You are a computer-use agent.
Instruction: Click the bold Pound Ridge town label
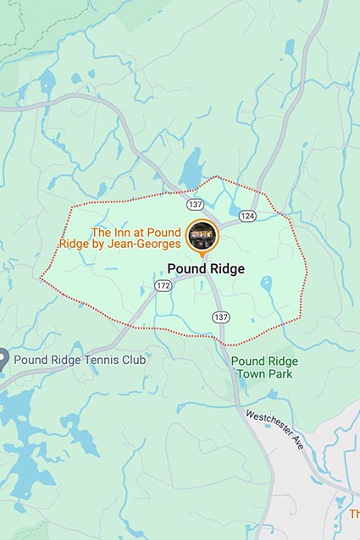coord(206,269)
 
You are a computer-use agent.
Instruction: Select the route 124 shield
coord(246,216)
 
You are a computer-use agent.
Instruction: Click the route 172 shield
coord(163,287)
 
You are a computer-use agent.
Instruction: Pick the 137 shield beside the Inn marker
coord(195,205)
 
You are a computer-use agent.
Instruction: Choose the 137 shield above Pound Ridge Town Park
coord(221,317)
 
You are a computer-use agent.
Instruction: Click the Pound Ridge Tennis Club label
coord(80,360)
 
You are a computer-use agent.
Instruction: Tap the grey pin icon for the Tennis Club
coord(4,359)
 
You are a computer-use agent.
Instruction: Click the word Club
coord(132,360)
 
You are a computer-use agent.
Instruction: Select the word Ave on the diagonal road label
coord(297,444)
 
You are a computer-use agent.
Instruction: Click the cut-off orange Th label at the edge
coord(354,513)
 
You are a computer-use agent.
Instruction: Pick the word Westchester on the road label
coord(269,424)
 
